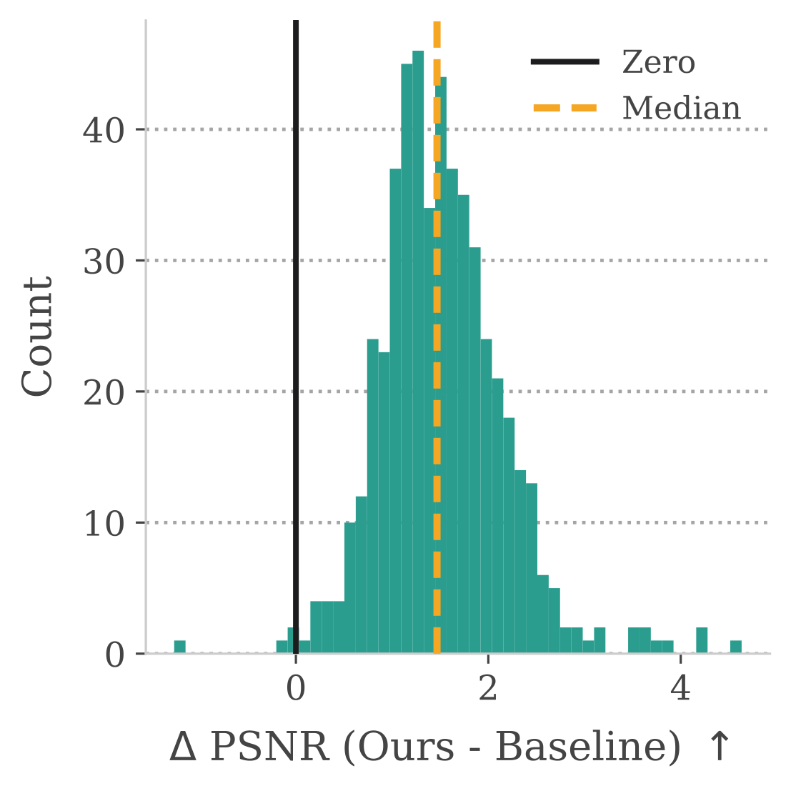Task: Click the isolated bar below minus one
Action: [180, 647]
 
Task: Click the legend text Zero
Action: [658, 63]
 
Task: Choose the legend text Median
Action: [682, 109]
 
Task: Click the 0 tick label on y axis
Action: [114, 655]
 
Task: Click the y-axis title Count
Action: [37, 336]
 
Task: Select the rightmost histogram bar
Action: [736, 647]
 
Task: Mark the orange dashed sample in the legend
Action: [564, 109]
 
